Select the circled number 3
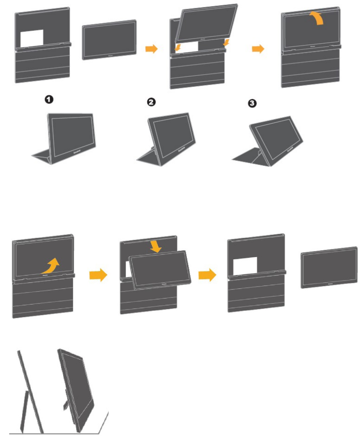[251, 105]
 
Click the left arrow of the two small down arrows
[177, 47]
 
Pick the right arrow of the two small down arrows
[225, 42]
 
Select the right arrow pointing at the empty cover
[207, 275]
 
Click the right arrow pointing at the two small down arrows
[151, 48]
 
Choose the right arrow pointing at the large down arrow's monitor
[97, 275]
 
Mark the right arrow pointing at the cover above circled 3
[258, 48]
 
